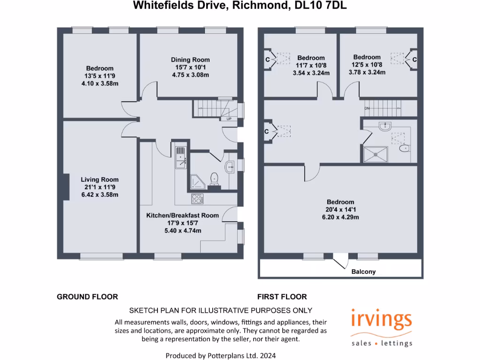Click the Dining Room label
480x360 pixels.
(190, 60)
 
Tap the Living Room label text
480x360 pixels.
(99, 180)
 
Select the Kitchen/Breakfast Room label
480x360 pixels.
(182, 215)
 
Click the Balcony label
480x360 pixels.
(363, 272)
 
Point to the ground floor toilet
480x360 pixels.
(214, 178)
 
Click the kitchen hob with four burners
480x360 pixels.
(197, 199)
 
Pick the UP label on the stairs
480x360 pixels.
(229, 119)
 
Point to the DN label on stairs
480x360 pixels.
(368, 109)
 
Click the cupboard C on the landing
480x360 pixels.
(267, 132)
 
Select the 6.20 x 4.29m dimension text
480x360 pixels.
(340, 217)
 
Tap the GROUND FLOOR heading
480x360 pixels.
(87, 297)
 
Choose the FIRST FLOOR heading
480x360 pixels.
(282, 297)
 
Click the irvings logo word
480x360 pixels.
(382, 321)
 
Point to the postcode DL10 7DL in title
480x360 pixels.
(321, 6)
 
